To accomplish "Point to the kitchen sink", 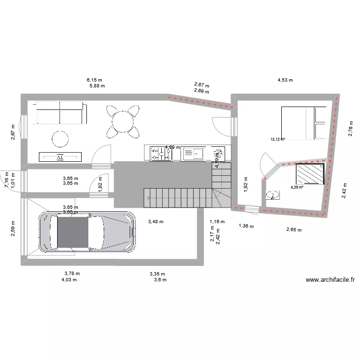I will [197, 154].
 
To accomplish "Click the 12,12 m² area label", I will [278, 140].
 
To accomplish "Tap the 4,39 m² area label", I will [298, 187].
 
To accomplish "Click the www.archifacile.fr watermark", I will [330, 280].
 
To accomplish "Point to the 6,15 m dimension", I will [95, 80].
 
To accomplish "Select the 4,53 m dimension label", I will [285, 80].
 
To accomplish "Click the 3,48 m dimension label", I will [156, 222].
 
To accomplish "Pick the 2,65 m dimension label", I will [294, 230].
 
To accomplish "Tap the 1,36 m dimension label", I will [246, 226].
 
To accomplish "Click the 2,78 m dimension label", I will [350, 129].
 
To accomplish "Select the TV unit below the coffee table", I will [60, 156].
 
